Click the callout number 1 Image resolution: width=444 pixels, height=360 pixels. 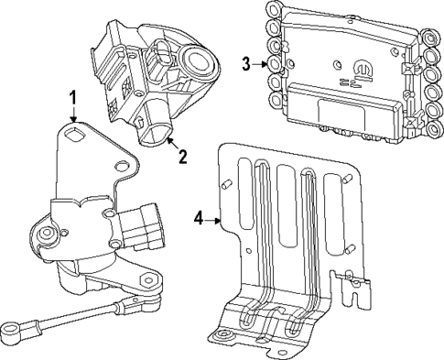[74, 97]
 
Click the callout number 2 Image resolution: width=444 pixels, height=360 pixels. [182, 157]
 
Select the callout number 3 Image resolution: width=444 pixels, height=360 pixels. [246, 63]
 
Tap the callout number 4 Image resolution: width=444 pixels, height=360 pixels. [200, 218]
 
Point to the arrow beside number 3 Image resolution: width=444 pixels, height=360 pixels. [259, 63]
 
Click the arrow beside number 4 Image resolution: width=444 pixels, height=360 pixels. [214, 219]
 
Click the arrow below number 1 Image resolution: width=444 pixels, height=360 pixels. [74, 115]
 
